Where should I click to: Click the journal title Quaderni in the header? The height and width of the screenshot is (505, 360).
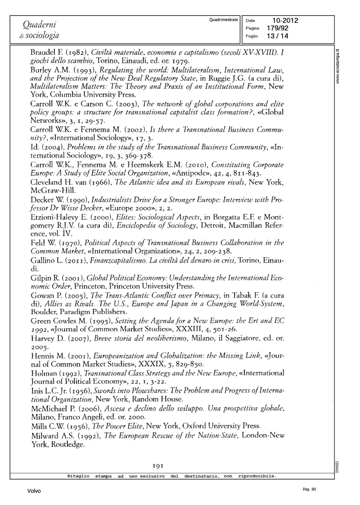point(39,25)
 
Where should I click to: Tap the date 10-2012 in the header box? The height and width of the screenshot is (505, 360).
point(285,21)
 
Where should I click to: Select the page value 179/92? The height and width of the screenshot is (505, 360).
point(277,28)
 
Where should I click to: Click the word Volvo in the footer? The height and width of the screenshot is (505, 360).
point(34,491)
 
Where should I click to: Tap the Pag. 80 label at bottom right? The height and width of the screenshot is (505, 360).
point(309,490)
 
